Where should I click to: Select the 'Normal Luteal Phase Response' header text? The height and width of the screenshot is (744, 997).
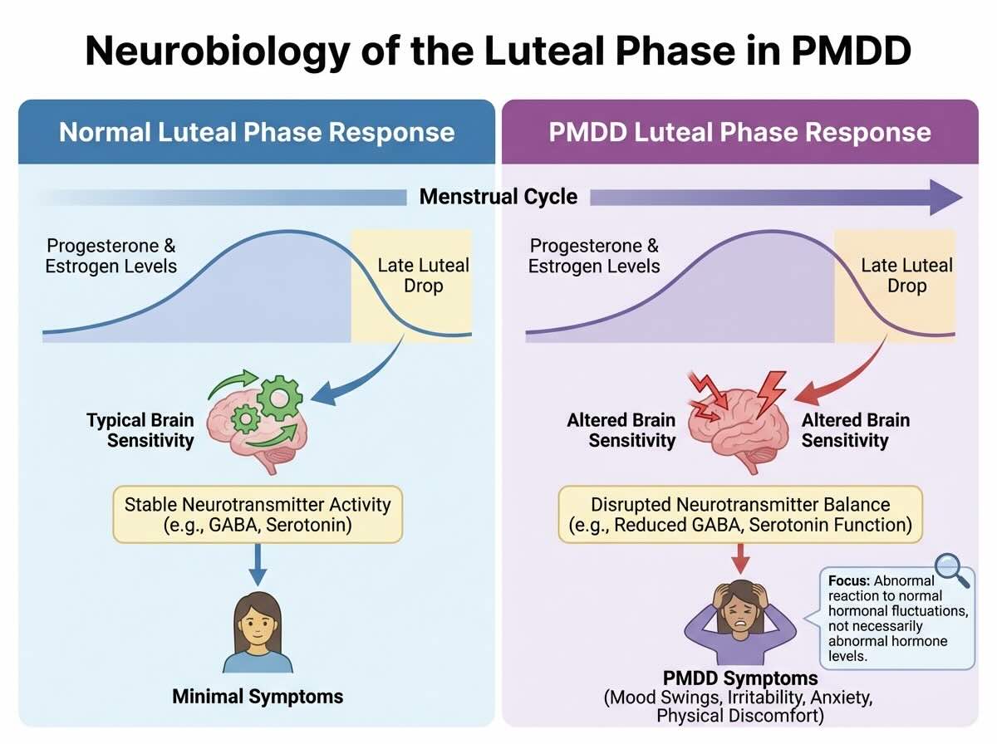[x=257, y=132]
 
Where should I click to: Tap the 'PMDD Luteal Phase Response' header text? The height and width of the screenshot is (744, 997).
[x=739, y=132]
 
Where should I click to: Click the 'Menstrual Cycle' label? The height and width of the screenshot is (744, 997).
[x=498, y=197]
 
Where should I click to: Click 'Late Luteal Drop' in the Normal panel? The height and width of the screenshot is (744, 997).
[x=423, y=276]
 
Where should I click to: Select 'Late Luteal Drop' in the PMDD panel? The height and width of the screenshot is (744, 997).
[x=906, y=276]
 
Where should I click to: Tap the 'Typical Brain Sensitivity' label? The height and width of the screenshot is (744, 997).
[x=140, y=429]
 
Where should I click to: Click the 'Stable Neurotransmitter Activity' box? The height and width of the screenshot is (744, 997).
[x=258, y=515]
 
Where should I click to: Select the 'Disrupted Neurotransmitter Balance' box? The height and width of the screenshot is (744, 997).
[x=739, y=515]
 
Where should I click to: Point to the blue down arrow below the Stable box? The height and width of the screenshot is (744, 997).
[x=258, y=566]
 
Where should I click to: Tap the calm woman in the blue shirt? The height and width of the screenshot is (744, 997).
[x=258, y=635]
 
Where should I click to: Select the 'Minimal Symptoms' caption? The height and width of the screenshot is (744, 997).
[x=258, y=696]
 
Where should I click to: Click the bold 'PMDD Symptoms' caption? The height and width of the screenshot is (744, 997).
[x=739, y=678]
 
